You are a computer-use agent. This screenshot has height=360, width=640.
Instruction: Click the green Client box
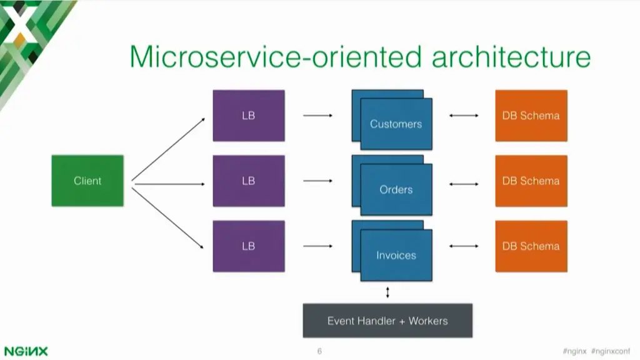pos(87,181)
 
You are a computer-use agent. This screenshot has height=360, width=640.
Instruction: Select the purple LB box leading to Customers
pos(248,116)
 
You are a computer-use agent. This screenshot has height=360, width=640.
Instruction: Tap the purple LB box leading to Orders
pos(248,181)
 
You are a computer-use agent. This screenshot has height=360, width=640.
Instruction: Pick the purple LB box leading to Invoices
pos(248,246)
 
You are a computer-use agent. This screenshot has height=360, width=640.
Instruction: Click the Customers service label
pos(396,124)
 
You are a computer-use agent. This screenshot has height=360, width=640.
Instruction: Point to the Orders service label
pos(396,189)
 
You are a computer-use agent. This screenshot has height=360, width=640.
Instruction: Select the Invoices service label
pos(396,255)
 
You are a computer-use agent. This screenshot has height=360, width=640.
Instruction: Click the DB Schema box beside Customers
pos(531,116)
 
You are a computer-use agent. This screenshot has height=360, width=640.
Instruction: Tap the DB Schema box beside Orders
pos(531,181)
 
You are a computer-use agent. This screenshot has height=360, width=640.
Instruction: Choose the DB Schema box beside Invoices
pos(531,246)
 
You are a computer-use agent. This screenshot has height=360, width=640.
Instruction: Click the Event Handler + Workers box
pos(387,321)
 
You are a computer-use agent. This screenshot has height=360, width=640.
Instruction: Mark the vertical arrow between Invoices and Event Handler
pos(387,292)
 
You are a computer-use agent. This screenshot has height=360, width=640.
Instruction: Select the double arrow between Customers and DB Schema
pos(464,116)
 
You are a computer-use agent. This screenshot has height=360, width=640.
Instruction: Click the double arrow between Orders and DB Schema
pos(464,184)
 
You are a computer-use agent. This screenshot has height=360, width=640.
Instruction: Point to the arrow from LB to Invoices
pos(318,246)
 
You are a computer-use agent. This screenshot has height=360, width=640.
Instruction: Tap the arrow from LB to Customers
pos(318,116)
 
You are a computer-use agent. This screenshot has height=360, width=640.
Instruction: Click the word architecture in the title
pos(511,57)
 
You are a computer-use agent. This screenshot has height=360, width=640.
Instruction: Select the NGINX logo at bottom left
pos(26,351)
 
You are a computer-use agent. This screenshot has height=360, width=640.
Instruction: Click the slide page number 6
pos(319,351)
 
